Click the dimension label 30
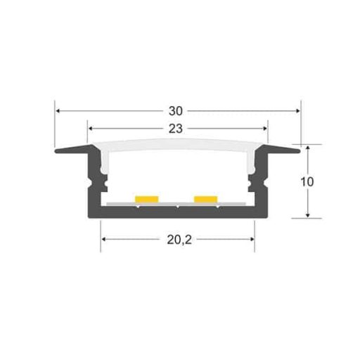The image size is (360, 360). (x=176, y=111)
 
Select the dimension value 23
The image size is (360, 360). (x=176, y=129)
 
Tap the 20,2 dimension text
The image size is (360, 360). (x=179, y=240)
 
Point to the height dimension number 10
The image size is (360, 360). (x=307, y=182)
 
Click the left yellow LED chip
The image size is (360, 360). (x=147, y=199)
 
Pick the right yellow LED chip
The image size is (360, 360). (x=206, y=199)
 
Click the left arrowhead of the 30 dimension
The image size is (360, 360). (x=58, y=111)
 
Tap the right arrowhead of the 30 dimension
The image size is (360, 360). (x=297, y=111)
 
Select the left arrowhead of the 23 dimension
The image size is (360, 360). (x=91, y=129)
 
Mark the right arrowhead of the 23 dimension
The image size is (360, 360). (x=264, y=129)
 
